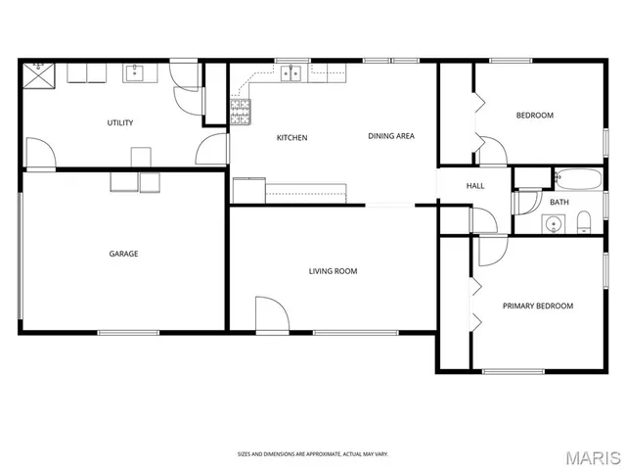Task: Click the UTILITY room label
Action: pos(120,122)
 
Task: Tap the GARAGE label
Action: pos(123,254)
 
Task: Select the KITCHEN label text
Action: pos(291,138)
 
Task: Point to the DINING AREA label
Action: pos(391,136)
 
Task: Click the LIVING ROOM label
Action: pos(333,271)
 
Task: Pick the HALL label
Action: pos(475,186)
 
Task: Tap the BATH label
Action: pos(559,203)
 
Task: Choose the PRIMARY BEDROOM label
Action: pos(538,305)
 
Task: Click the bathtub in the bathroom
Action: pos(577,178)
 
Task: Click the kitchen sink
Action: pos(290,71)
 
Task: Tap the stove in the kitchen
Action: pos(240,110)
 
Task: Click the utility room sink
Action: pos(135,72)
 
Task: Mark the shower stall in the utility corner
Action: pos(38,74)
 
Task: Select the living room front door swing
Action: pos(271,315)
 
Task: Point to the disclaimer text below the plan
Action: pos(313,453)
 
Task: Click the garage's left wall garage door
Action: pos(20,255)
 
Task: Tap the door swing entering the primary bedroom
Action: pos(492,250)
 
